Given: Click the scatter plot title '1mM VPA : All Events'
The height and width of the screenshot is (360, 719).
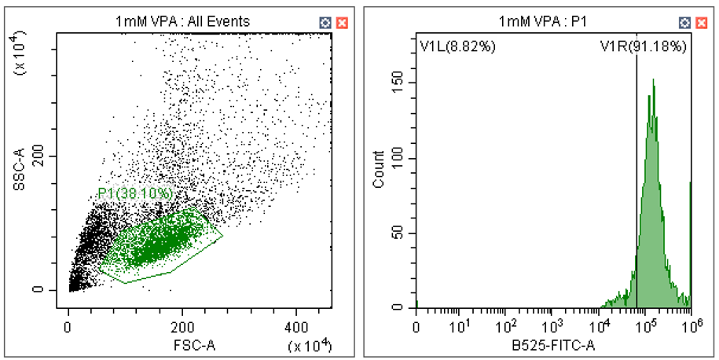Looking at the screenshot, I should [182, 21].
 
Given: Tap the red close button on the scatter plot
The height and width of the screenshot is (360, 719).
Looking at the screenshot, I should [342, 22].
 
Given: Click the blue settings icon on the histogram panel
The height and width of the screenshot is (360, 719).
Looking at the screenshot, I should [686, 22].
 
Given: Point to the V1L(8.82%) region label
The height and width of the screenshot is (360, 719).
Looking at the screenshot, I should [457, 46].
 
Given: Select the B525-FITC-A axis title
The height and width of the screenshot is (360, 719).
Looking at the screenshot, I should [553, 343].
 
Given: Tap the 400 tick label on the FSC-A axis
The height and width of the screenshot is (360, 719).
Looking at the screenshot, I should [296, 325].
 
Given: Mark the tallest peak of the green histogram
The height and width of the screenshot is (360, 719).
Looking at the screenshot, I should [653, 79].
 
